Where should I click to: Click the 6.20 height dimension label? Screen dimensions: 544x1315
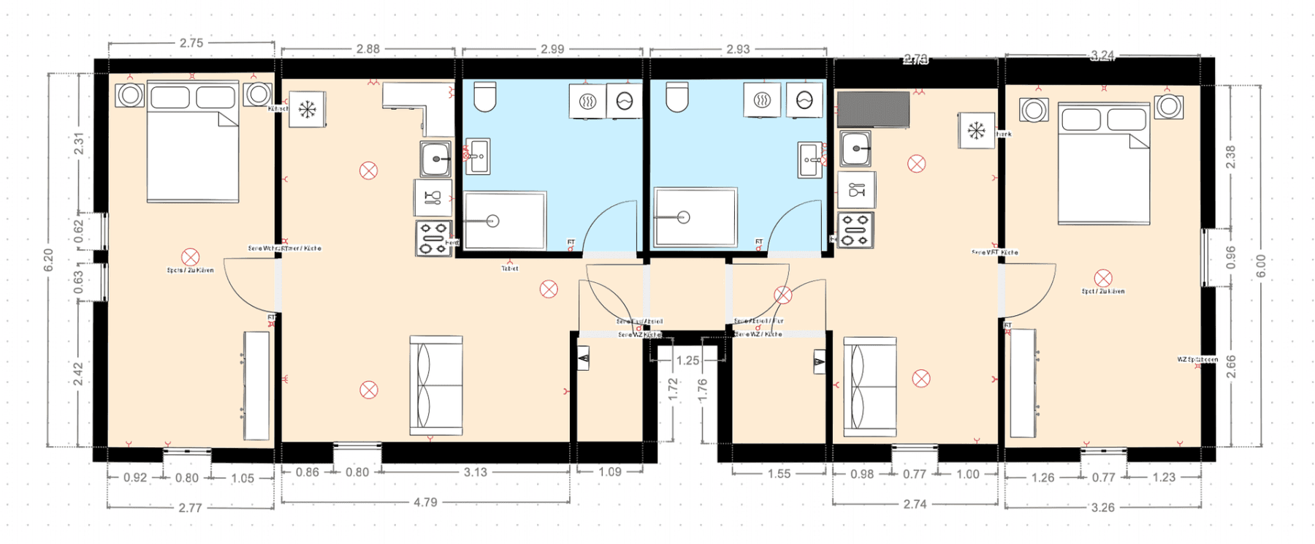click(48, 260)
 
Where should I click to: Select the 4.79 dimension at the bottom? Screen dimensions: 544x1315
click(425, 502)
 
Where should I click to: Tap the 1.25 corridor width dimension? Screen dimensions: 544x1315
click(687, 360)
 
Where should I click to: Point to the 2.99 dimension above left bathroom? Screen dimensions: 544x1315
click(552, 49)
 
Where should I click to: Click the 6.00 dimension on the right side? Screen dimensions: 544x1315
click(1261, 265)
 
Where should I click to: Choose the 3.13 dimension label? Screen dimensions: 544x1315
click(475, 472)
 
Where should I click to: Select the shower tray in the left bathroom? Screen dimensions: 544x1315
click(505, 220)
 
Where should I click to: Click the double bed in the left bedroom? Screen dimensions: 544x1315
click(193, 143)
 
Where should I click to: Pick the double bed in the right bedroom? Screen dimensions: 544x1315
click(1104, 165)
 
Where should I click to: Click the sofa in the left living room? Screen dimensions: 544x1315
click(436, 385)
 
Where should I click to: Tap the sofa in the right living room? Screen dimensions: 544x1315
click(869, 386)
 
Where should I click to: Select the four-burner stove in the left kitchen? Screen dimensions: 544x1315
click(433, 238)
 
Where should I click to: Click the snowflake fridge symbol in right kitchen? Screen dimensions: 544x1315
click(976, 131)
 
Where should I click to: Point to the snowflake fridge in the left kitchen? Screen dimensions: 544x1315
click(307, 110)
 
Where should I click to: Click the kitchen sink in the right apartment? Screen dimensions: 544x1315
click(855, 148)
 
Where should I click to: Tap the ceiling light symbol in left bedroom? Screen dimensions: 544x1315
click(191, 257)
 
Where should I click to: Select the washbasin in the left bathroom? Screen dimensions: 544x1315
click(477, 156)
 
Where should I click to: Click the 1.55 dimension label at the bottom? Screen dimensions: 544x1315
click(779, 474)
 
